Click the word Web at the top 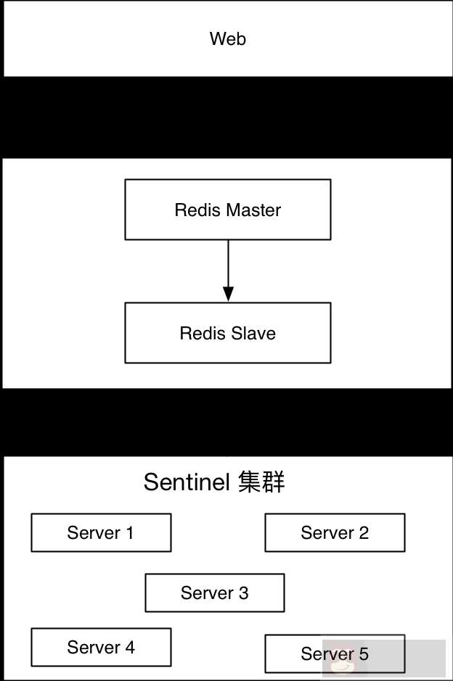(x=228, y=39)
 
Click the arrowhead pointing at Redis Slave (x=228, y=294)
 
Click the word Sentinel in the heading (x=187, y=482)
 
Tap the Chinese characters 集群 (x=261, y=482)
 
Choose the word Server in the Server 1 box (x=93, y=533)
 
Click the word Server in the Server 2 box (x=327, y=533)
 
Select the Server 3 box (x=214, y=593)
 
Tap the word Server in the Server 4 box (x=93, y=647)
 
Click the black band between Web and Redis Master (x=226, y=117)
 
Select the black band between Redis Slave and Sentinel (x=226, y=422)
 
